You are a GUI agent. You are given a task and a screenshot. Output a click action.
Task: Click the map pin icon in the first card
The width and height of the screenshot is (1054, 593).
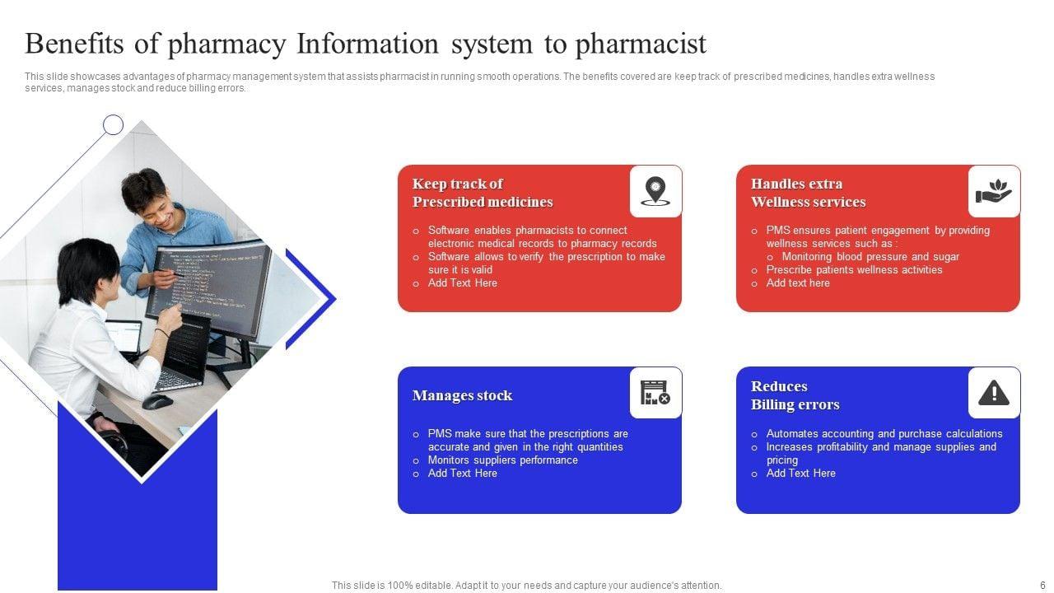[x=655, y=191]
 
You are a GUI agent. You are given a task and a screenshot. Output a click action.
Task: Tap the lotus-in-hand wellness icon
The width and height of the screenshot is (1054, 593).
[x=994, y=191]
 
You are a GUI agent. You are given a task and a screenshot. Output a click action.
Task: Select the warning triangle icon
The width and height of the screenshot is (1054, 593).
[x=994, y=394]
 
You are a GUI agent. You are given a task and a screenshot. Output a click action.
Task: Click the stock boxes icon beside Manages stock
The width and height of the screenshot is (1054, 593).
[x=655, y=394]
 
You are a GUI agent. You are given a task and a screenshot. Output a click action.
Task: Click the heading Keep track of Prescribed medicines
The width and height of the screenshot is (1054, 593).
[x=482, y=193]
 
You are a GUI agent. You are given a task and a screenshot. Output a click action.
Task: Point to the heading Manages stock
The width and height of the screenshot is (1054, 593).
[x=462, y=396]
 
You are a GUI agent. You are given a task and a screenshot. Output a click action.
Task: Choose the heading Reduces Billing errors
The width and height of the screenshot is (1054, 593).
[x=795, y=395]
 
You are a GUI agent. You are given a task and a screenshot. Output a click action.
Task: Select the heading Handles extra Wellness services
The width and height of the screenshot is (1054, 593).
[x=808, y=193]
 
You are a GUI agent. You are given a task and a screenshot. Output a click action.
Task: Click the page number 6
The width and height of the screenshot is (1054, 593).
[x=1042, y=586]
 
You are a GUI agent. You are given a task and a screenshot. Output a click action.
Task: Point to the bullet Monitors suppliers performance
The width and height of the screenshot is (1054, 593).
[x=502, y=460]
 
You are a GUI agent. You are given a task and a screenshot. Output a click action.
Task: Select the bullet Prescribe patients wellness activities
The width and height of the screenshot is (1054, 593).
[x=854, y=270]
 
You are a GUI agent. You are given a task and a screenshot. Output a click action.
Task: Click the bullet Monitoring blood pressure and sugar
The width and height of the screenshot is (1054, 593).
[x=870, y=257]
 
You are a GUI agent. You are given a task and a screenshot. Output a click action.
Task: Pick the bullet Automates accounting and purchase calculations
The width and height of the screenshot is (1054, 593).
[x=884, y=434]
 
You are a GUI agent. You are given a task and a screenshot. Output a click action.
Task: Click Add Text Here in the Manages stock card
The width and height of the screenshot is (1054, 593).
[x=462, y=474]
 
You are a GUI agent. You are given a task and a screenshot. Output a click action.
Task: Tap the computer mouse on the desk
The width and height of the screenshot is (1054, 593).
[x=157, y=401]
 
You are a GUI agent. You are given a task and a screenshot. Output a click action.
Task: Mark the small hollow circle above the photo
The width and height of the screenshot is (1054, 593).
[x=113, y=125]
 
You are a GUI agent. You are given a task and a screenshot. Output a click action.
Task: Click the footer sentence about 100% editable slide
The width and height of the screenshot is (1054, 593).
[x=526, y=586]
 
